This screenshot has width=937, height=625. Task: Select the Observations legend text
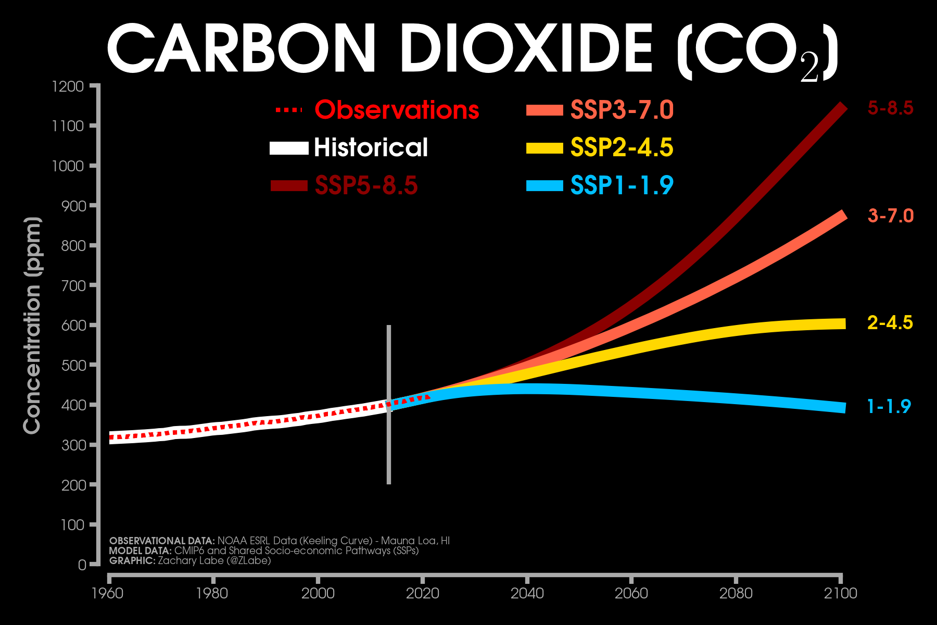coord(397,110)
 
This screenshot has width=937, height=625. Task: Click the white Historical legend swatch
coord(289,148)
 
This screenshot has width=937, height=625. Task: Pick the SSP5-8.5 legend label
coord(366,185)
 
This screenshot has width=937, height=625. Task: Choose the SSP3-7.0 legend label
coord(622,110)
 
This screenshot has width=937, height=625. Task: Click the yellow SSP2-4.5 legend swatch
coord(545,148)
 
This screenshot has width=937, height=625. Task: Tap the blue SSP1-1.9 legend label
coord(622,185)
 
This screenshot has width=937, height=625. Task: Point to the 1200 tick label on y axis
coord(68,86)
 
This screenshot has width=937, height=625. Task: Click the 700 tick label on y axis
coord(72,285)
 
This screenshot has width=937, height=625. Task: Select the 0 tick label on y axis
coord(82,565)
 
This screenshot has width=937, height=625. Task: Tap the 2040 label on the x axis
coord(527,593)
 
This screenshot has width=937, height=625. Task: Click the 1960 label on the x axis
coord(108,593)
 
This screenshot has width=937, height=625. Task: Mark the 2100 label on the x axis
coord(840,593)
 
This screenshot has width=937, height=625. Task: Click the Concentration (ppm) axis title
coord(32,325)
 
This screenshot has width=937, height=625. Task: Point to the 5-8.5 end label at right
coord(890,108)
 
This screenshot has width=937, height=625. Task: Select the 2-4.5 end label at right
coord(890,323)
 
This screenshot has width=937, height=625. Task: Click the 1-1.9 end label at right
coord(889,406)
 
